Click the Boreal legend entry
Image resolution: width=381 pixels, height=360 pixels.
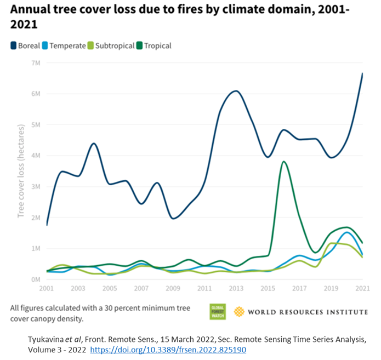point(25,46)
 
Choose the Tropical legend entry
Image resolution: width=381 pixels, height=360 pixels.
point(155,46)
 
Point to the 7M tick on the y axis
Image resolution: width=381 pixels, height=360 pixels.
point(36,63)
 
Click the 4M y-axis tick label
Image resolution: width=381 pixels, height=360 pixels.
point(36,156)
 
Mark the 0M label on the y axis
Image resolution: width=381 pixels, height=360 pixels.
point(36,279)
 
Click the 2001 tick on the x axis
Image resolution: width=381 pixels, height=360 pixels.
point(47,288)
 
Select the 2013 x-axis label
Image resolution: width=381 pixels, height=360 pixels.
point(236,288)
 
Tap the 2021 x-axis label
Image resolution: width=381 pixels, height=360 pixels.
point(362,288)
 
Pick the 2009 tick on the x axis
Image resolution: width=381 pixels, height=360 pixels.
point(173,288)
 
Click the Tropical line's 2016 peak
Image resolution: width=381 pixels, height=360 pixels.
point(283,162)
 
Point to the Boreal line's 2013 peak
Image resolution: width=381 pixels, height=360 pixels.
point(236,91)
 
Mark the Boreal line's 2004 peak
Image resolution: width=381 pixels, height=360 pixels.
point(94,144)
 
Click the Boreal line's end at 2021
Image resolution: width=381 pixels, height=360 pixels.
point(362,73)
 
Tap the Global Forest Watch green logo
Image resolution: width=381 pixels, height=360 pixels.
point(218,311)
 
